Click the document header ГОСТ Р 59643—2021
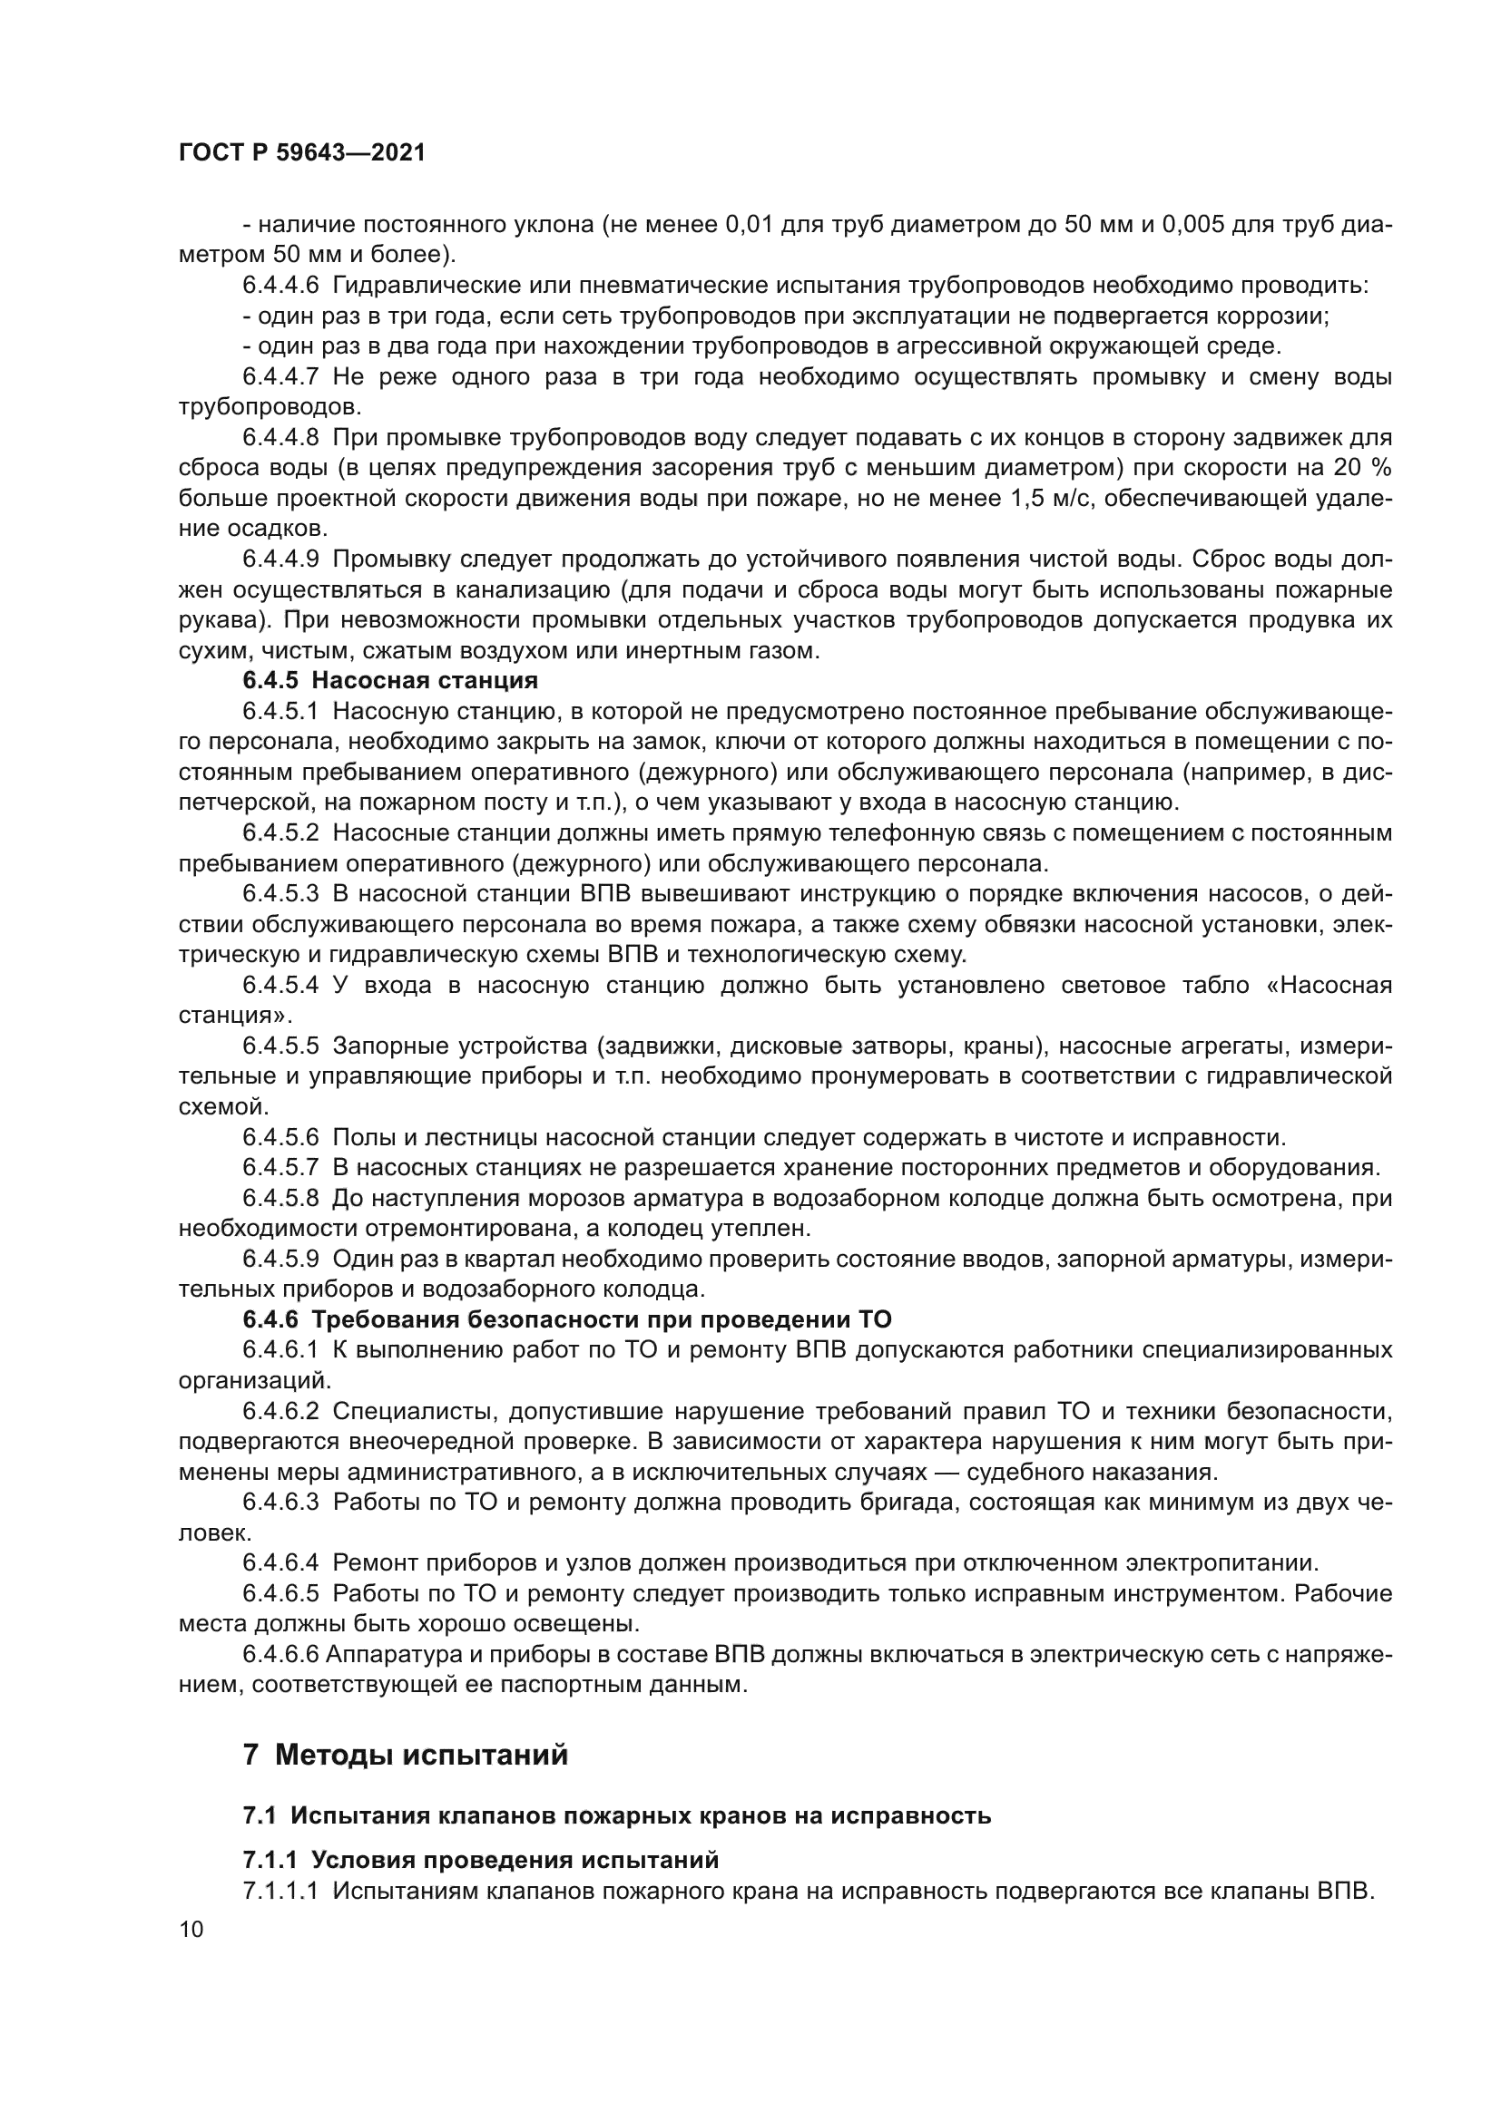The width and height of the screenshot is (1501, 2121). (301, 153)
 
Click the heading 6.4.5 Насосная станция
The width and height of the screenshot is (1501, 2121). (390, 681)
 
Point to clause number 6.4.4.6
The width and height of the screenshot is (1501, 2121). (280, 286)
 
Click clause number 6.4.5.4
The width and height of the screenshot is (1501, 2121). (280, 986)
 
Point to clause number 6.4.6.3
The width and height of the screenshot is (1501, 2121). (280, 1502)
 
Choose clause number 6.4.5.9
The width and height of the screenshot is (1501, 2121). (280, 1260)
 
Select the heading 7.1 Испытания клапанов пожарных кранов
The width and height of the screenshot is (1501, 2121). (616, 1815)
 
